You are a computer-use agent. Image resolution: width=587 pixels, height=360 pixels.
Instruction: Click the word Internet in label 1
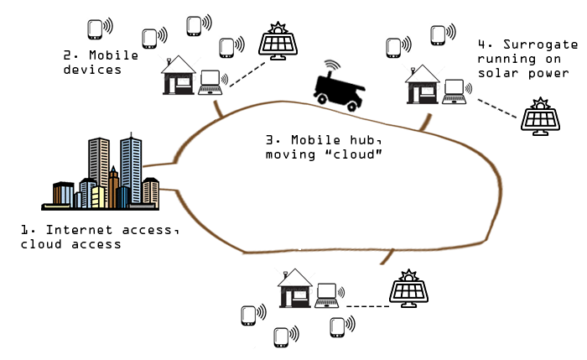tap(75, 230)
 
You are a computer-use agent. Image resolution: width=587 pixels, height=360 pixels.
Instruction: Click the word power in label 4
tap(548, 73)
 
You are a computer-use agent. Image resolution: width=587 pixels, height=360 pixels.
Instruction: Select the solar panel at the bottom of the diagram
tap(409, 289)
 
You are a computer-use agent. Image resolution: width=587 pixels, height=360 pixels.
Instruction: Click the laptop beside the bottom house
tap(327, 294)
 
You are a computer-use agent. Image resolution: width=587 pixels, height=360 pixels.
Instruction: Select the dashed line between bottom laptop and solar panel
tap(366, 305)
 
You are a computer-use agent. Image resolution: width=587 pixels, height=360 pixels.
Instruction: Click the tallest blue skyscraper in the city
tap(131, 168)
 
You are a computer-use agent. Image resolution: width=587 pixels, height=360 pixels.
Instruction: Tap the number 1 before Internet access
tap(26, 230)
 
